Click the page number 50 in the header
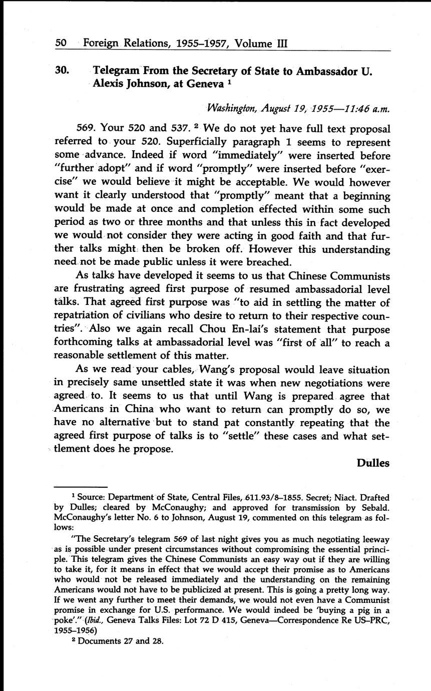(x=61, y=43)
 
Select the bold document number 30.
(x=62, y=71)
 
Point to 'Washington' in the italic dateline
(x=231, y=108)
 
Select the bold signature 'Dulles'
(x=373, y=463)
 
